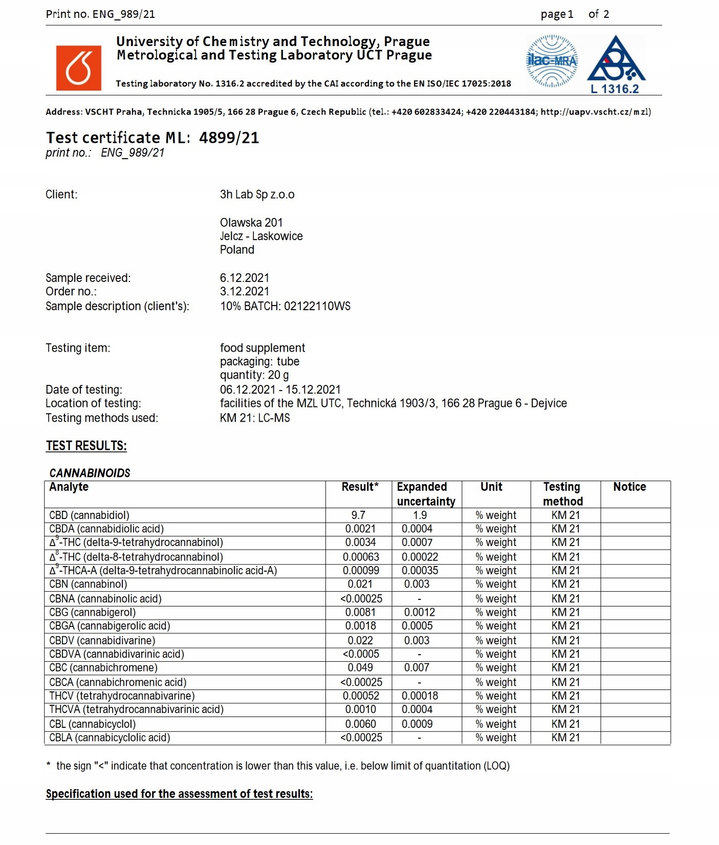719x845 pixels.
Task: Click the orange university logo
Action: click(78, 68)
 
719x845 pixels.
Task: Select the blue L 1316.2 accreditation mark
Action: click(616, 65)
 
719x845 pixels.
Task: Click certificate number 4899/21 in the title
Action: click(229, 138)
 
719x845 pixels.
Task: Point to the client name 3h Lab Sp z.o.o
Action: click(257, 194)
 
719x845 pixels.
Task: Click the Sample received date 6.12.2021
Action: click(244, 278)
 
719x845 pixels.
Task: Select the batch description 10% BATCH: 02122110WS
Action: click(285, 306)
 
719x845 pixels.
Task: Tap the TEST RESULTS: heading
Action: click(86, 446)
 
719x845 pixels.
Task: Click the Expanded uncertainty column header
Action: click(426, 494)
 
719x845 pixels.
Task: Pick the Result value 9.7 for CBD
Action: click(358, 515)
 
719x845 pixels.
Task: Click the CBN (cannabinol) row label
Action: click(88, 584)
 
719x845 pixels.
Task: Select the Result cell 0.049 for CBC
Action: click(360, 667)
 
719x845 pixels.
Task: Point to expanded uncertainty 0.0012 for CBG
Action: click(419, 612)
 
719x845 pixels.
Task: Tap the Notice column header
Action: click(629, 487)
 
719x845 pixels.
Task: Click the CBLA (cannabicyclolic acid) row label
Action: click(110, 738)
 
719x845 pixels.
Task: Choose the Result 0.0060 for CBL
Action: click(360, 724)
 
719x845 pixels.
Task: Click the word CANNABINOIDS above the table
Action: click(90, 473)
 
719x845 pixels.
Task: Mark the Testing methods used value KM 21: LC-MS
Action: click(255, 418)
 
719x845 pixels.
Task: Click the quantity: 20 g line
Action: click(254, 375)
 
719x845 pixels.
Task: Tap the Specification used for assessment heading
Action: click(179, 794)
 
